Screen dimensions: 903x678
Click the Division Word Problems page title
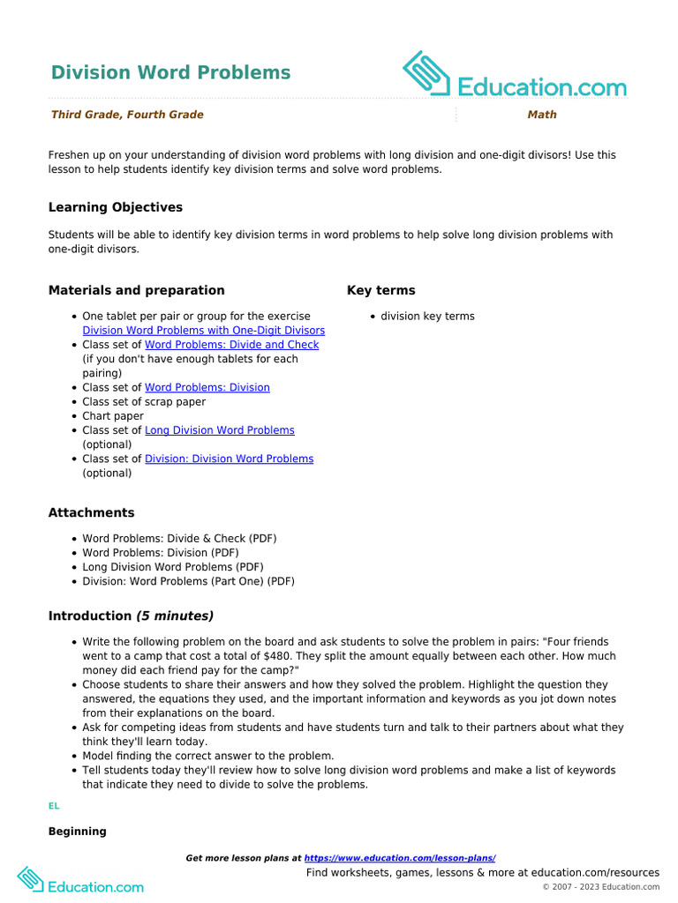tap(170, 72)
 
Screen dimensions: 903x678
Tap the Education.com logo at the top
tap(515, 76)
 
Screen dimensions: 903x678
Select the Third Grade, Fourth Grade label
tap(127, 115)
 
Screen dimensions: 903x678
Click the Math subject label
tap(542, 115)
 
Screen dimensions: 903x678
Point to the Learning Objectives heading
tap(116, 207)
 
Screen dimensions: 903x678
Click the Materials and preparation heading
tap(136, 290)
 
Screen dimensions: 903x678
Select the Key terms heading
tap(380, 290)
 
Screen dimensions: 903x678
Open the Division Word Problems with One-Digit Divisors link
tap(203, 331)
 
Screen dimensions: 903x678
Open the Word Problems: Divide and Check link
tap(231, 345)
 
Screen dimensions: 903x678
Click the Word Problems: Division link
tap(207, 387)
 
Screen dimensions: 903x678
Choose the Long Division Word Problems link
tap(219, 430)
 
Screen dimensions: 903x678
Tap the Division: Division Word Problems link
tap(229, 459)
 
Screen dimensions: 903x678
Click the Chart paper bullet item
tap(113, 416)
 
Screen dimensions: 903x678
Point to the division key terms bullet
tap(427, 317)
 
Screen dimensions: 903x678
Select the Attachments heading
tap(92, 512)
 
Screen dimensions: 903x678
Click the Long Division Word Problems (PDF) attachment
tap(172, 567)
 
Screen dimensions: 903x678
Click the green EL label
tap(54, 806)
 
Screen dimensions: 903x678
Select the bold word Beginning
tap(78, 832)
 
